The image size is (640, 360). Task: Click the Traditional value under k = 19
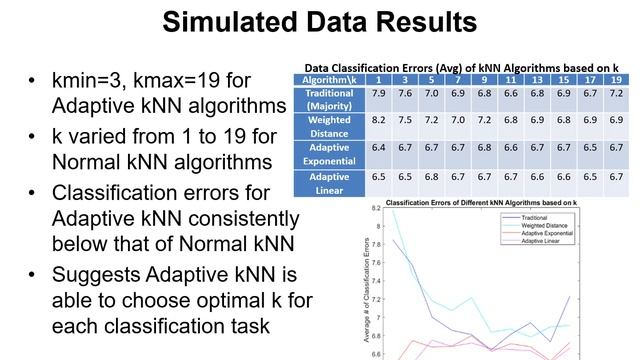[x=616, y=92]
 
